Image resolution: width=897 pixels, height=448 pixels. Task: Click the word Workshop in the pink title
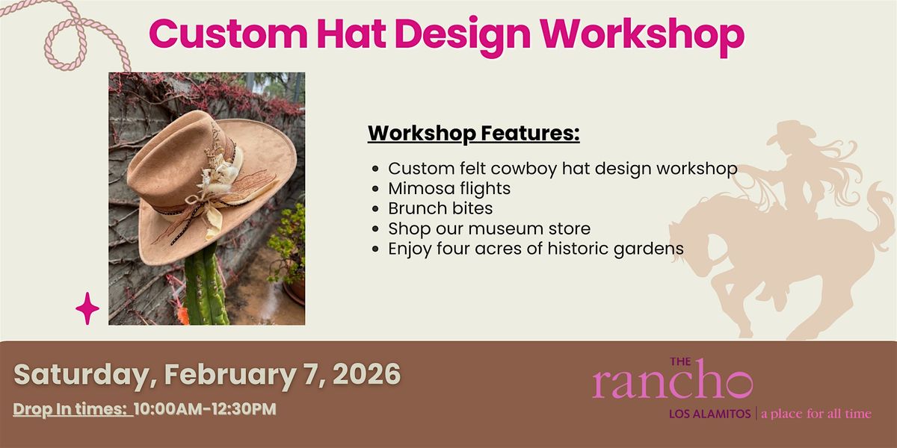tap(642, 35)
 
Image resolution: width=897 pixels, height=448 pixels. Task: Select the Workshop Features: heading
tap(474, 133)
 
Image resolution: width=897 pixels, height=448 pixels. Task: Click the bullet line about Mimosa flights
tap(449, 188)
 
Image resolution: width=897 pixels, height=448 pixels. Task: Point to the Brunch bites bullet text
tap(440, 208)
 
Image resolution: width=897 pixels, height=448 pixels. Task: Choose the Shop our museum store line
tap(489, 228)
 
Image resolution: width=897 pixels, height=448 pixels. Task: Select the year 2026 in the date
tap(366, 374)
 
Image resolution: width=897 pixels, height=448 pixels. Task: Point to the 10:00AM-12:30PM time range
tap(205, 409)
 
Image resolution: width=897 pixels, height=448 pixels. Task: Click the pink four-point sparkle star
tap(87, 308)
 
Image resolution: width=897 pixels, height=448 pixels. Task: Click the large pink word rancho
tap(672, 381)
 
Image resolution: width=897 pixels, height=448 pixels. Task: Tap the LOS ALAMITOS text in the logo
tap(709, 414)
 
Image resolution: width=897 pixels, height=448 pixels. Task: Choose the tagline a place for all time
tap(816, 414)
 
